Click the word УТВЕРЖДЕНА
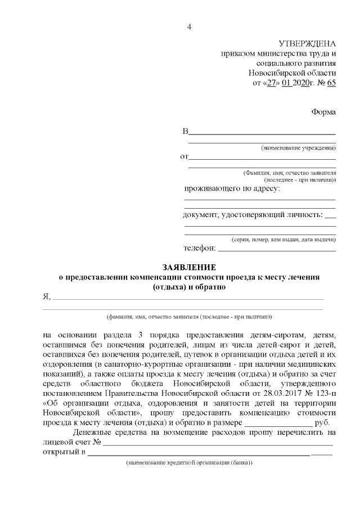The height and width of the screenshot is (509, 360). point(307,44)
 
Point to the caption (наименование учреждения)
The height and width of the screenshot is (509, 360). point(298,148)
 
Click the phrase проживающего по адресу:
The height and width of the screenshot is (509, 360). point(232,188)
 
